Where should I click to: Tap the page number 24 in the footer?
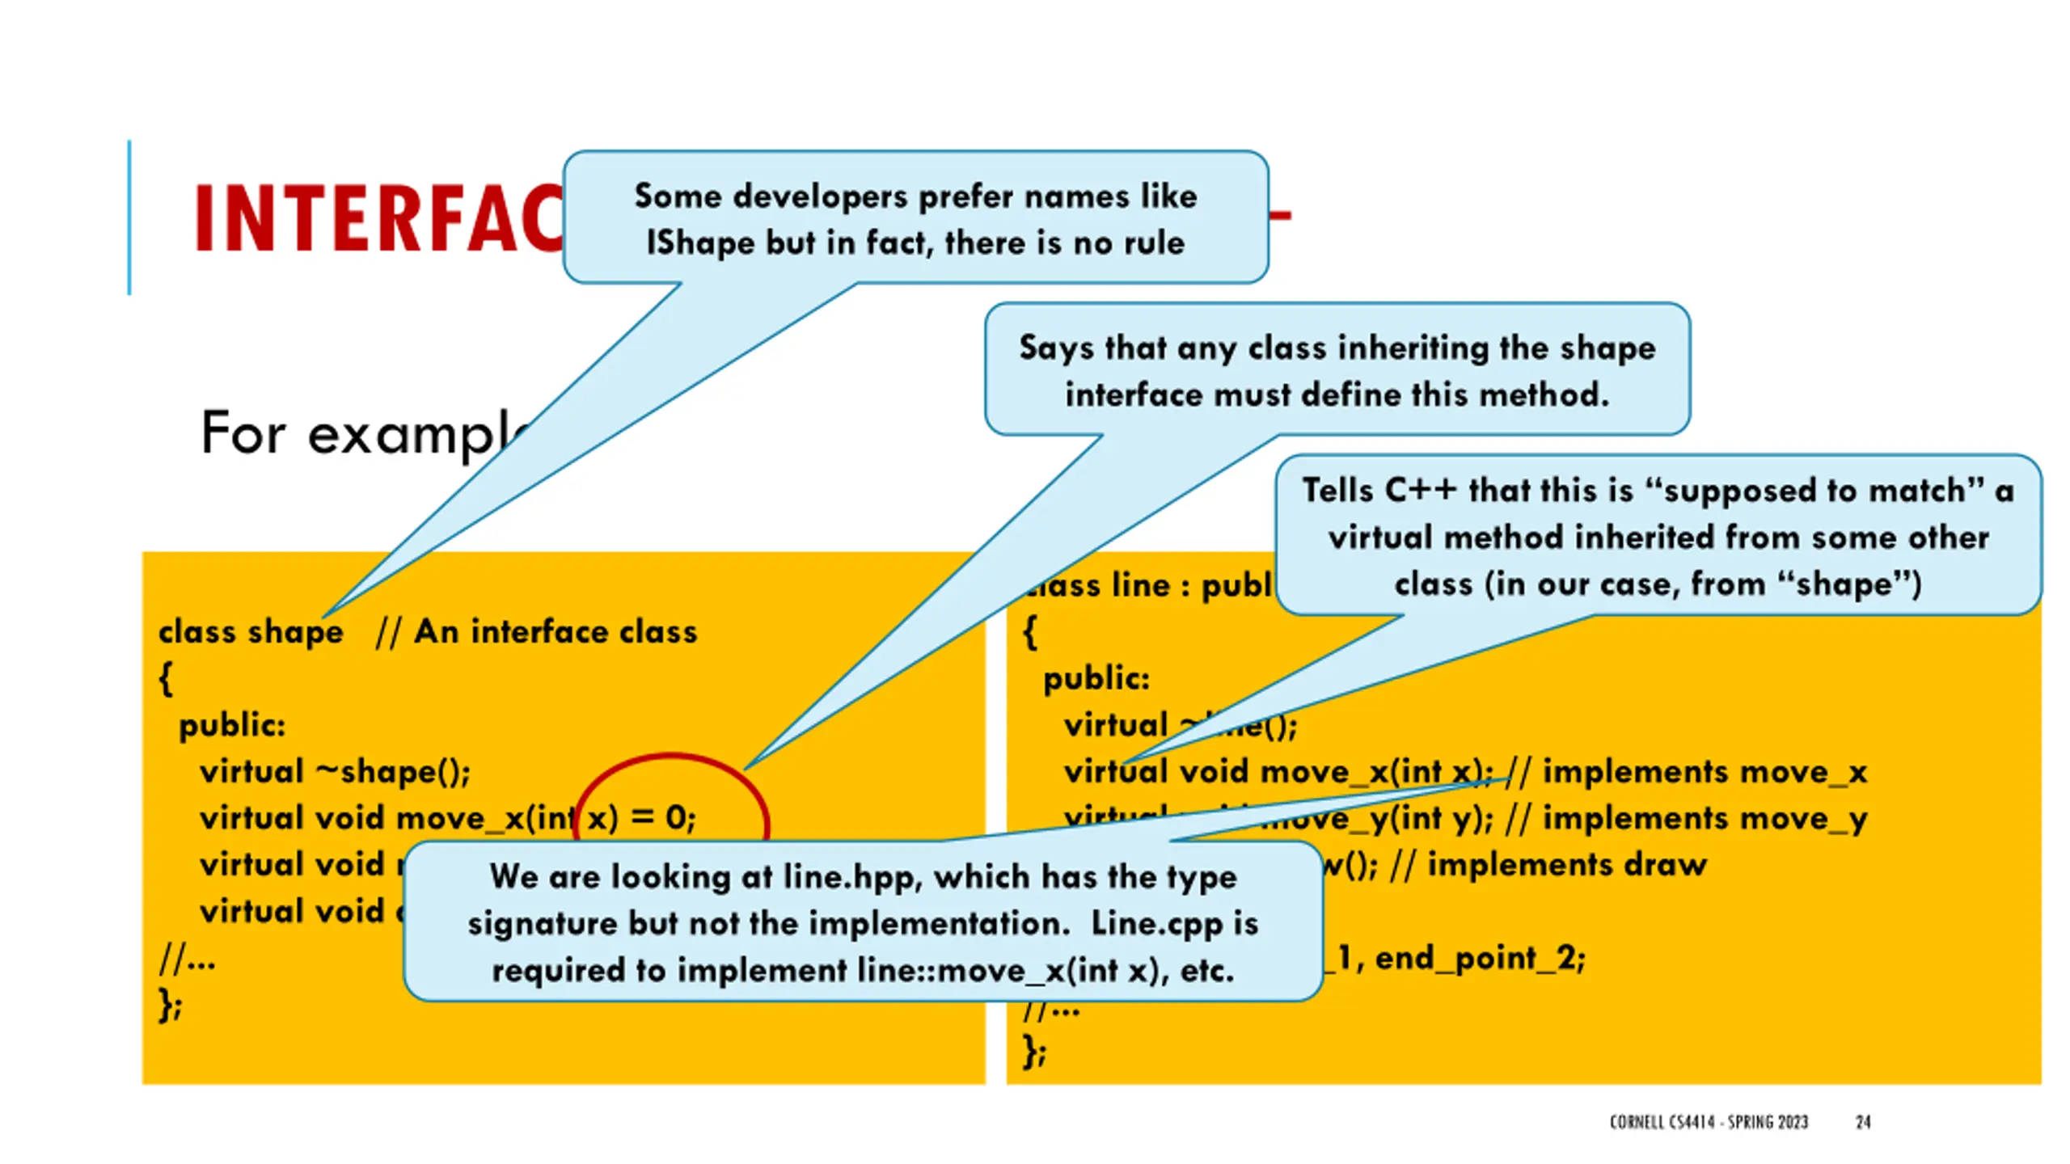click(1862, 1122)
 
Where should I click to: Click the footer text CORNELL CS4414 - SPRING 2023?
click(1708, 1122)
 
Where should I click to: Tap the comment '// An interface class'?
click(536, 632)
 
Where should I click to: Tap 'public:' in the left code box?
click(232, 725)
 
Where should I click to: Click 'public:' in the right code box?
click(1096, 679)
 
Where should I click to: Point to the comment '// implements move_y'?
click(1686, 818)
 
